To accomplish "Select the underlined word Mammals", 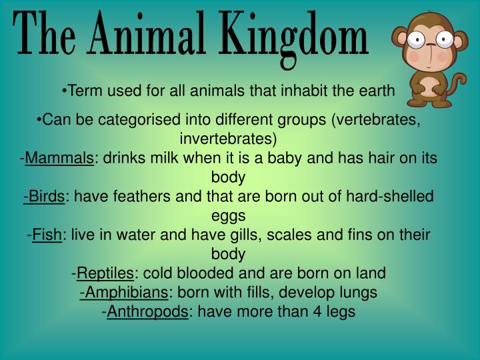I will [59, 159].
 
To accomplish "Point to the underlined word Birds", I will [45, 197].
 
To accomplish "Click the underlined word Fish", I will [47, 235].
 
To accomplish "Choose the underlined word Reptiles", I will [105, 273].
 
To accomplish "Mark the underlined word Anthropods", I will [147, 311].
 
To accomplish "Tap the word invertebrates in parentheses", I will [227, 139].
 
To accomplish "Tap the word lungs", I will [361, 292].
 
